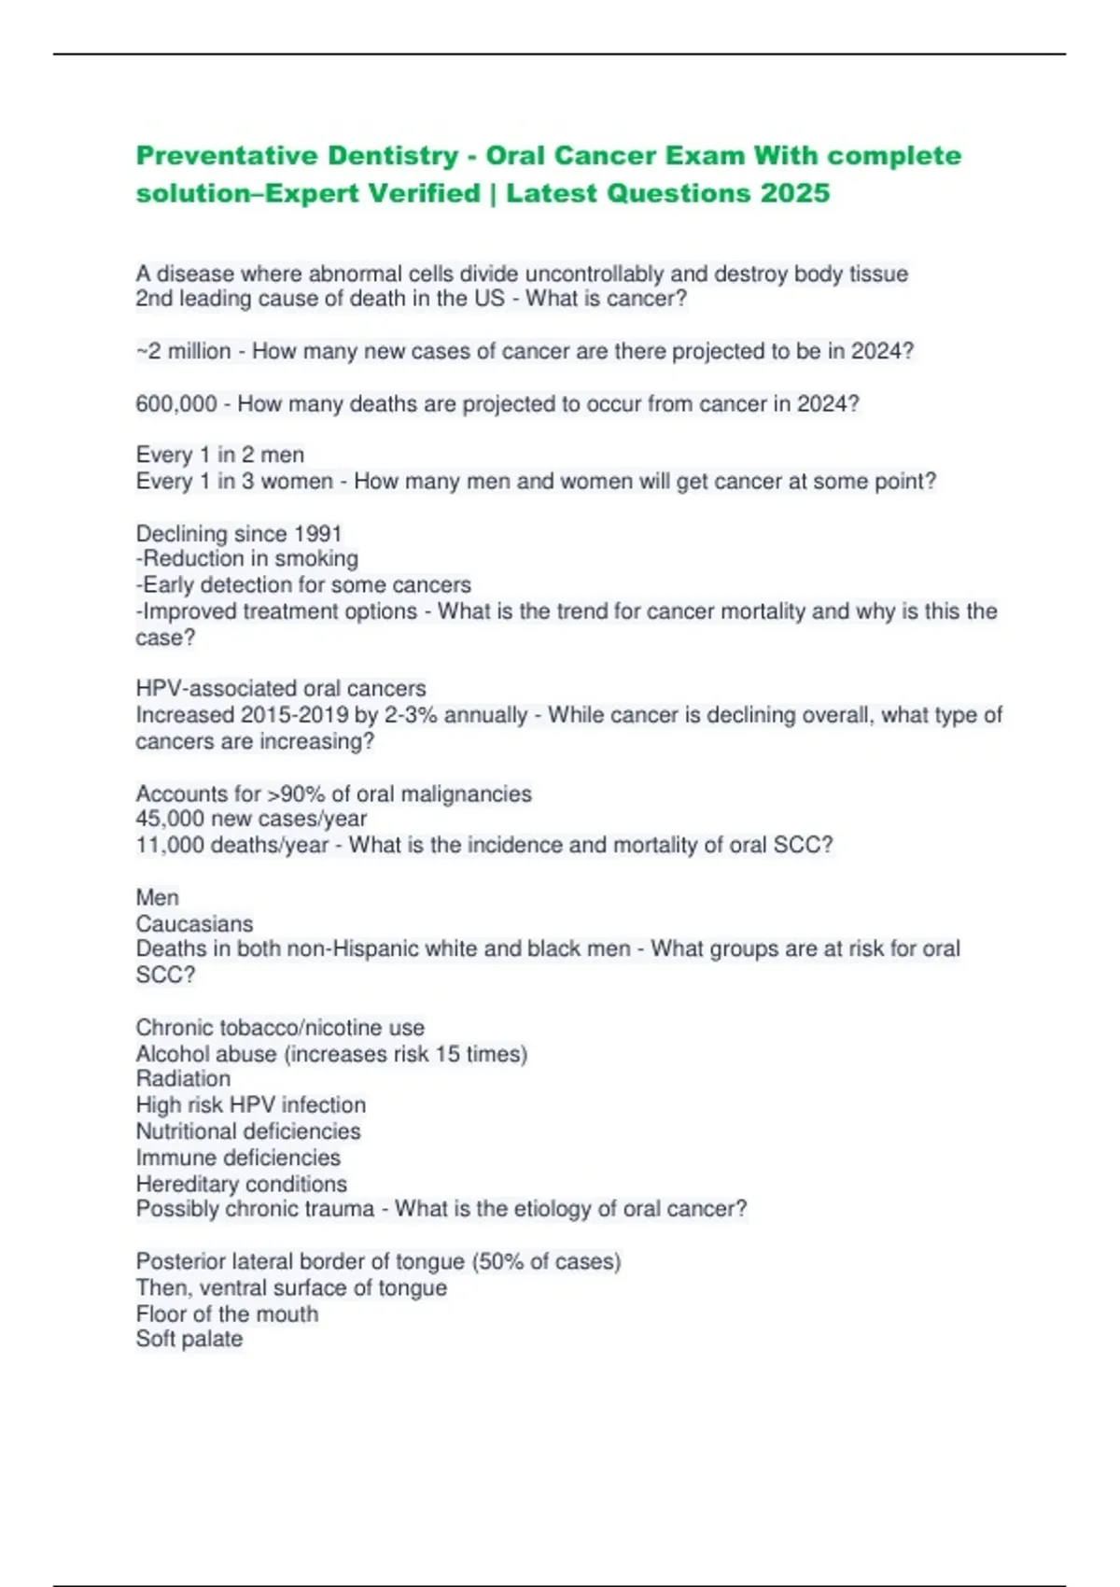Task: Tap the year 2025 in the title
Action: pos(794,193)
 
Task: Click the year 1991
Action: pos(317,534)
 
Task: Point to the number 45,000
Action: pos(171,819)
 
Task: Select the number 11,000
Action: pos(171,845)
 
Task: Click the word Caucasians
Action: pos(194,923)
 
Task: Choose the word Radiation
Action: pos(183,1078)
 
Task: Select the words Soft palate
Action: pos(189,1339)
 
